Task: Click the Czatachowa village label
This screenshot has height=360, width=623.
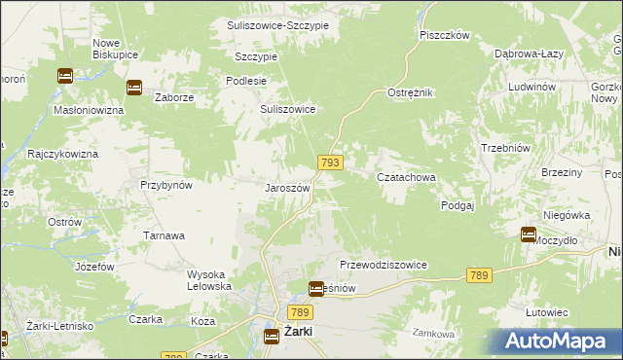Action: pyautogui.click(x=406, y=177)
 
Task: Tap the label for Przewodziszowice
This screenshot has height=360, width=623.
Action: pyautogui.click(x=384, y=265)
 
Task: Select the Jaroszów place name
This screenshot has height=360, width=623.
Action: pyautogui.click(x=287, y=188)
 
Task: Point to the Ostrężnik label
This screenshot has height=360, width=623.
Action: pyautogui.click(x=410, y=91)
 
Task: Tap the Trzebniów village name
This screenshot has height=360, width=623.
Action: pyautogui.click(x=504, y=148)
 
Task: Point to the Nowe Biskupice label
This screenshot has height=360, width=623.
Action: pyautogui.click(x=115, y=50)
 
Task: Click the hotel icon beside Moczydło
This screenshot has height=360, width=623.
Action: pyautogui.click(x=529, y=234)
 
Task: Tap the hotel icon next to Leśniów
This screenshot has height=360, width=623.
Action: pyautogui.click(x=316, y=289)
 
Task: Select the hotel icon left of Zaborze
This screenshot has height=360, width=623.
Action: pyautogui.click(x=134, y=88)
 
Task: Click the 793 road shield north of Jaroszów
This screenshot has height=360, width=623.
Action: pyautogui.click(x=329, y=163)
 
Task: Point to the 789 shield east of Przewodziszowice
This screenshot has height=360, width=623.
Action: pyautogui.click(x=477, y=276)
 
